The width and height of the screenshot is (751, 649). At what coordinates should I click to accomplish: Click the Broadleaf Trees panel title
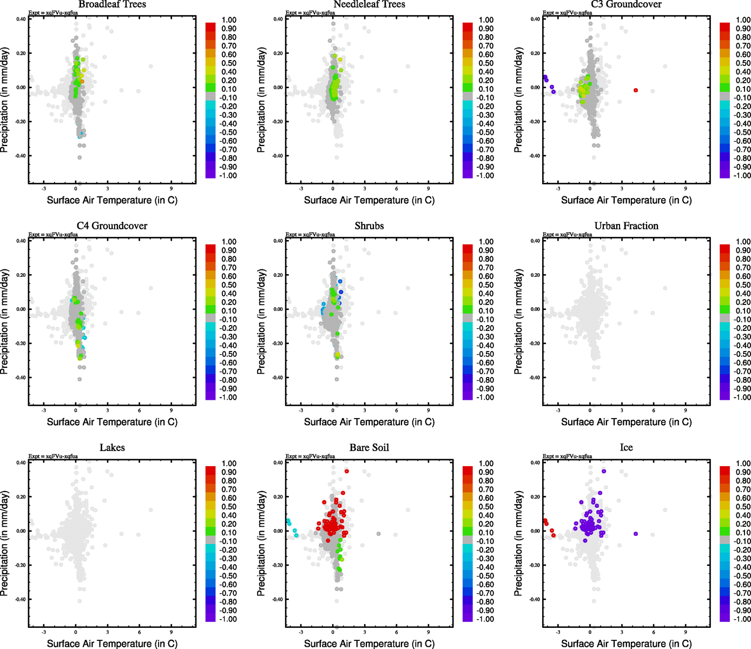(x=112, y=4)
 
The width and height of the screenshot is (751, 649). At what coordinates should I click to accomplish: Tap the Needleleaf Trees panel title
(x=369, y=4)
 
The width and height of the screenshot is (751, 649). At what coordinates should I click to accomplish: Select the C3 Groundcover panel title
(x=626, y=4)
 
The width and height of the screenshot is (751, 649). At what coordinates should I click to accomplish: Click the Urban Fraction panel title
(x=626, y=226)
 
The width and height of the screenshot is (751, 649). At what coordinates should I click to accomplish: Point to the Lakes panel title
(x=112, y=448)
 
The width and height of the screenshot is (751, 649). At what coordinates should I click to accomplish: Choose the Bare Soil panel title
(x=369, y=448)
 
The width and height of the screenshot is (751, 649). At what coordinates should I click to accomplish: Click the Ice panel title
(x=626, y=448)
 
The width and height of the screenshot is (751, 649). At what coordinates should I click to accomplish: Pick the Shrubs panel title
(x=369, y=226)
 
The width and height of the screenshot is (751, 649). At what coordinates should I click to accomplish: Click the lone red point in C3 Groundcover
(x=636, y=90)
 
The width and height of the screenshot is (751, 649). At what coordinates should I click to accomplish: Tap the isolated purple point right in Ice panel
(x=636, y=534)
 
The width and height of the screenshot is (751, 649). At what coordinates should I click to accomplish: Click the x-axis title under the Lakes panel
(x=112, y=644)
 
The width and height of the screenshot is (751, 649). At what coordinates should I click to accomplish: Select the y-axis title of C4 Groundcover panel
(x=5, y=322)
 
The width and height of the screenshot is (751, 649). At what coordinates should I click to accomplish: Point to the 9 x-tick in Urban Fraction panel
(x=686, y=410)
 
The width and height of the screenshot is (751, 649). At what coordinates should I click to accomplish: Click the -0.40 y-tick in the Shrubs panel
(x=278, y=378)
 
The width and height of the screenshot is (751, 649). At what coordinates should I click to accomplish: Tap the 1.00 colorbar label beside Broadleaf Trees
(x=229, y=20)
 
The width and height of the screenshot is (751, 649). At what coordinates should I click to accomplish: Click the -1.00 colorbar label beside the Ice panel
(x=742, y=619)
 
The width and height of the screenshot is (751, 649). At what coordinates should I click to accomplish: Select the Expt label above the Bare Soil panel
(x=310, y=456)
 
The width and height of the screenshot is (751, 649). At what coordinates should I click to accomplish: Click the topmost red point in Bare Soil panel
(x=347, y=471)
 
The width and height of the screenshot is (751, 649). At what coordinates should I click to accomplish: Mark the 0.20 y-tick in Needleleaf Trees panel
(x=278, y=53)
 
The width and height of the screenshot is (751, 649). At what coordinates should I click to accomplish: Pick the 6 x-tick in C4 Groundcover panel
(x=140, y=410)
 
